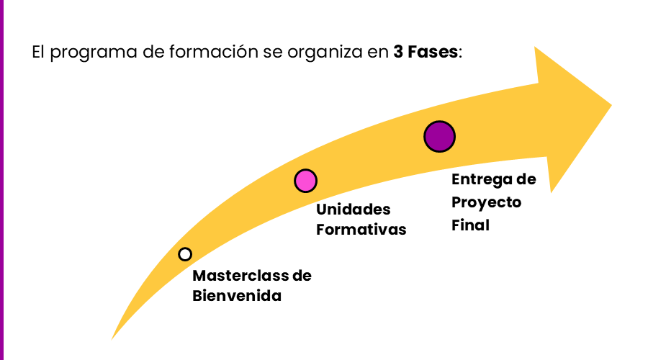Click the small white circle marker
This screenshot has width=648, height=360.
point(185,254)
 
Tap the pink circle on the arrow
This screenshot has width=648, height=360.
point(305,181)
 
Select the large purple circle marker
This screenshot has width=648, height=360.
point(439,136)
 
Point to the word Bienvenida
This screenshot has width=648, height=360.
point(237,295)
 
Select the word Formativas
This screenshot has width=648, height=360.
point(361,230)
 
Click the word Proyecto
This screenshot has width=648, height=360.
point(486,202)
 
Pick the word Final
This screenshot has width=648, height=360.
point(470,225)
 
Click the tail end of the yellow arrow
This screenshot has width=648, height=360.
point(114,337)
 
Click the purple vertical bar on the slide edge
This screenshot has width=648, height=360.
point(1,180)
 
